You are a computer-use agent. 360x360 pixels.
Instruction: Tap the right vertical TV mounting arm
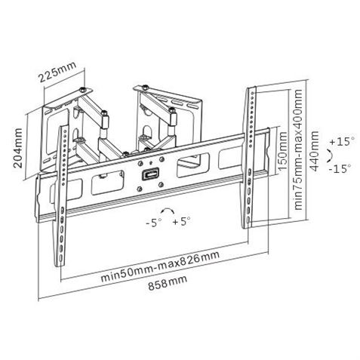point(248,158)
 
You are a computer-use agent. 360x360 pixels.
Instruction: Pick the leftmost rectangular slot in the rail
point(53,192)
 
